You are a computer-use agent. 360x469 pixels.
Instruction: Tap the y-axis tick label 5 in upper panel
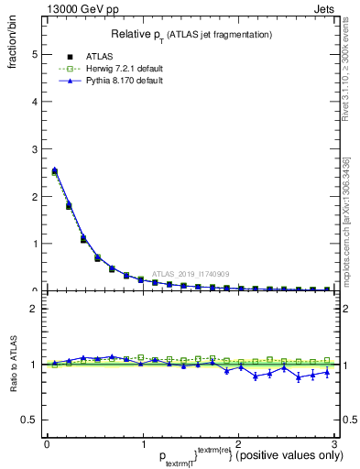34,54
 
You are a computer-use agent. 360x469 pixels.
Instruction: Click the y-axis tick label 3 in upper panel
34,149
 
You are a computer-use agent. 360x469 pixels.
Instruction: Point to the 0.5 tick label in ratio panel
29,420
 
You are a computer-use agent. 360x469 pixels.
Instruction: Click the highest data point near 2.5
54,169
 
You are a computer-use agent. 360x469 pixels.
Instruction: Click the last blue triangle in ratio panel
327,373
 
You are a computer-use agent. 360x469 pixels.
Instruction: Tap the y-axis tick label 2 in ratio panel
34,309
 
